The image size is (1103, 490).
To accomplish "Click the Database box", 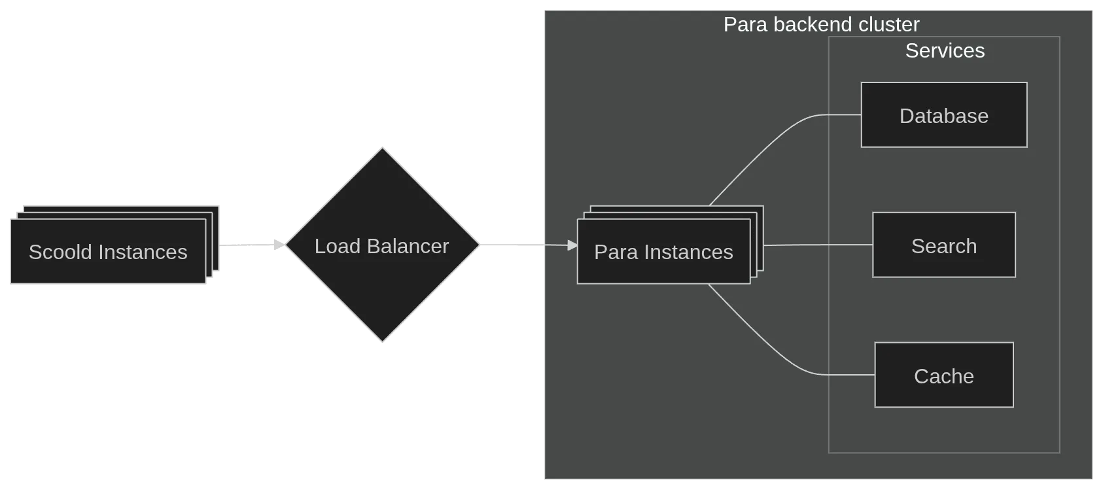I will click(943, 115).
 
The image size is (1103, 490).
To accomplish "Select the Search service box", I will click(943, 245).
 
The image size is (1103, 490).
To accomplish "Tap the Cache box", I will click(943, 376).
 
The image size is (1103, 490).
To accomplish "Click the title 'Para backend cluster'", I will click(821, 25).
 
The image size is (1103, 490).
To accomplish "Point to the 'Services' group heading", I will click(944, 51).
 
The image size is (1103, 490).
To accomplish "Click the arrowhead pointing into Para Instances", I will click(572, 245).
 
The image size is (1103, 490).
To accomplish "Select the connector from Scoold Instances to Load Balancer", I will click(249, 245).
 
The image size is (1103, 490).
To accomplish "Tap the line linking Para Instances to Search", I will click(818, 245).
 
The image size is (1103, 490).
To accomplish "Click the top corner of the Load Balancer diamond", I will click(383, 149).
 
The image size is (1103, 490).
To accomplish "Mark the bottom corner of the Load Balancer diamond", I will click(383, 341).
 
